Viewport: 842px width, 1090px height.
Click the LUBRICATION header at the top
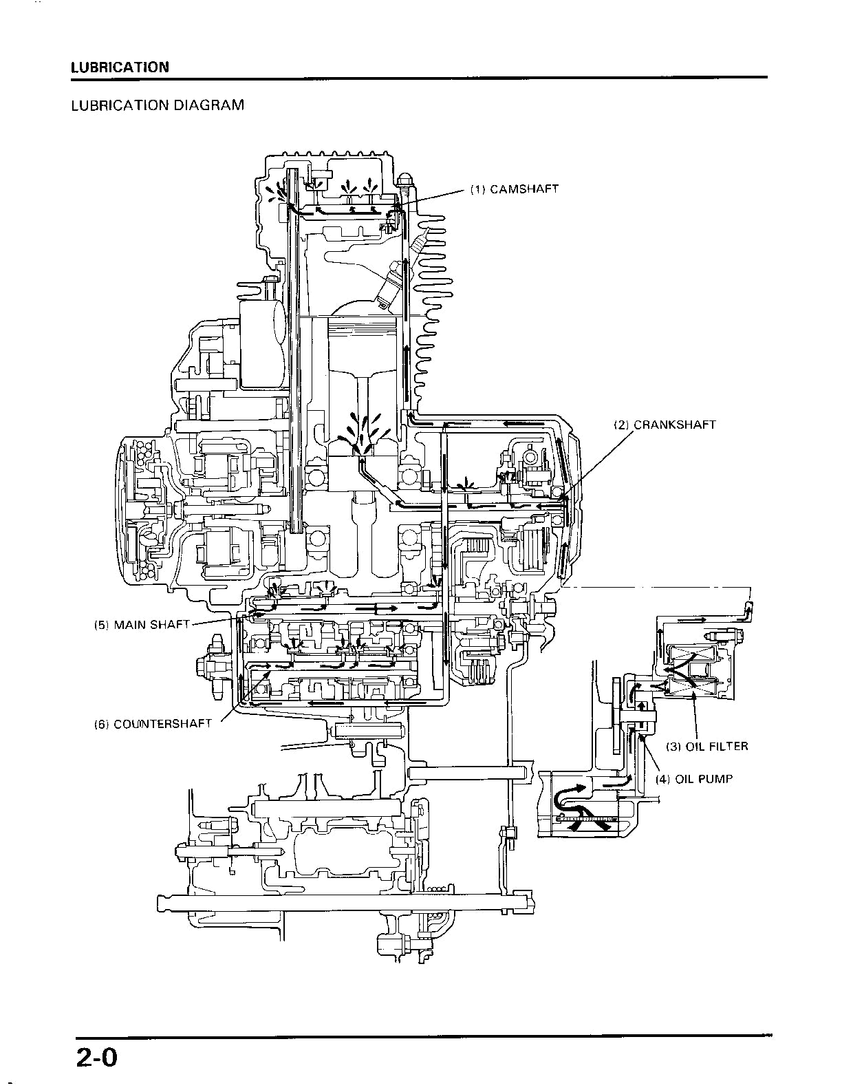(x=120, y=67)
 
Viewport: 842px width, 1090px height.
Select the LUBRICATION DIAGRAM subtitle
(x=158, y=105)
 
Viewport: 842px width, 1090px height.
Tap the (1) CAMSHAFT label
(x=514, y=189)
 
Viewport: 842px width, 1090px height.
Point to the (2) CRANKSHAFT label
(x=665, y=425)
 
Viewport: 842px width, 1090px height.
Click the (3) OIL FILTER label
(x=706, y=747)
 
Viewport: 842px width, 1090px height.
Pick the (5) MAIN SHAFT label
(x=142, y=625)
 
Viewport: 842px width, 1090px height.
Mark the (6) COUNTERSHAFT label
(x=153, y=724)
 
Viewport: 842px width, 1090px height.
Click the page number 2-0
(x=98, y=1056)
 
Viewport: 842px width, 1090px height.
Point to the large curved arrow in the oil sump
(x=571, y=798)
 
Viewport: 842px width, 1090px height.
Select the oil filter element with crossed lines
(x=693, y=667)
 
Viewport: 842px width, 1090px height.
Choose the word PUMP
(x=717, y=779)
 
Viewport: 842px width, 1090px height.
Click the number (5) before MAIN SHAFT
(x=102, y=625)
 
